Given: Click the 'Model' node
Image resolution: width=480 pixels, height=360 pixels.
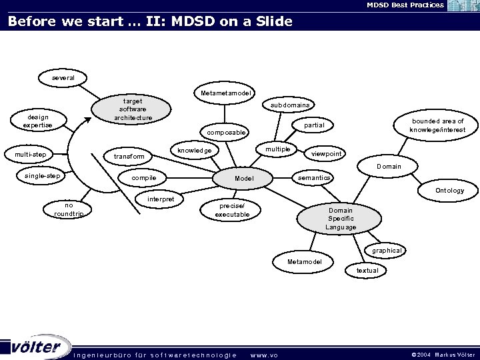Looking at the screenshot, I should [244, 179].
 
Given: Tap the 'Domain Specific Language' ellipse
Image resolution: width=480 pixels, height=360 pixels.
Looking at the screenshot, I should [341, 219].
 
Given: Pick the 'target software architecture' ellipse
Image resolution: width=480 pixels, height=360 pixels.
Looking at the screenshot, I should [133, 109].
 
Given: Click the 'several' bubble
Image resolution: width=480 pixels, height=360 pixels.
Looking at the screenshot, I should [63, 78].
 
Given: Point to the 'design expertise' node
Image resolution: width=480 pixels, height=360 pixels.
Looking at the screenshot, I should [37, 121].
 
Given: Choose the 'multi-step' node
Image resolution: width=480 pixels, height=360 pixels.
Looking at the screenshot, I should [30, 155].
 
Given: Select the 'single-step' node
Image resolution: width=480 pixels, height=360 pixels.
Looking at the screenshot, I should [42, 176].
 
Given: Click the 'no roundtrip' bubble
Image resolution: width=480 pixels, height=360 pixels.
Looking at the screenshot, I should [69, 209].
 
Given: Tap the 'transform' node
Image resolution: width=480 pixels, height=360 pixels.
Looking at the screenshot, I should [129, 157].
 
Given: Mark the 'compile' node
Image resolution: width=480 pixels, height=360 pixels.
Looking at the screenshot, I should [143, 178].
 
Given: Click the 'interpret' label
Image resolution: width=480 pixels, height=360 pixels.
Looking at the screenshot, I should [161, 199].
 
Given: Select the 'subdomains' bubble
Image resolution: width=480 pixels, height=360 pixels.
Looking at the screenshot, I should [290, 105].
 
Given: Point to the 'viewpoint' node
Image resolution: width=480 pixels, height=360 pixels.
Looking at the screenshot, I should [327, 154].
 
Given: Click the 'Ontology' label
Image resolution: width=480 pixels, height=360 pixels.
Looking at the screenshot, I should [449, 191].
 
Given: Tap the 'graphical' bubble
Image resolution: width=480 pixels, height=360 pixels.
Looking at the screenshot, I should [387, 251].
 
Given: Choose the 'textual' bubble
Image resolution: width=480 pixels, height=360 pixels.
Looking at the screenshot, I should [367, 270].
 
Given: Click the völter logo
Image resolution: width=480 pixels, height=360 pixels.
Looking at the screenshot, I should [37, 347].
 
